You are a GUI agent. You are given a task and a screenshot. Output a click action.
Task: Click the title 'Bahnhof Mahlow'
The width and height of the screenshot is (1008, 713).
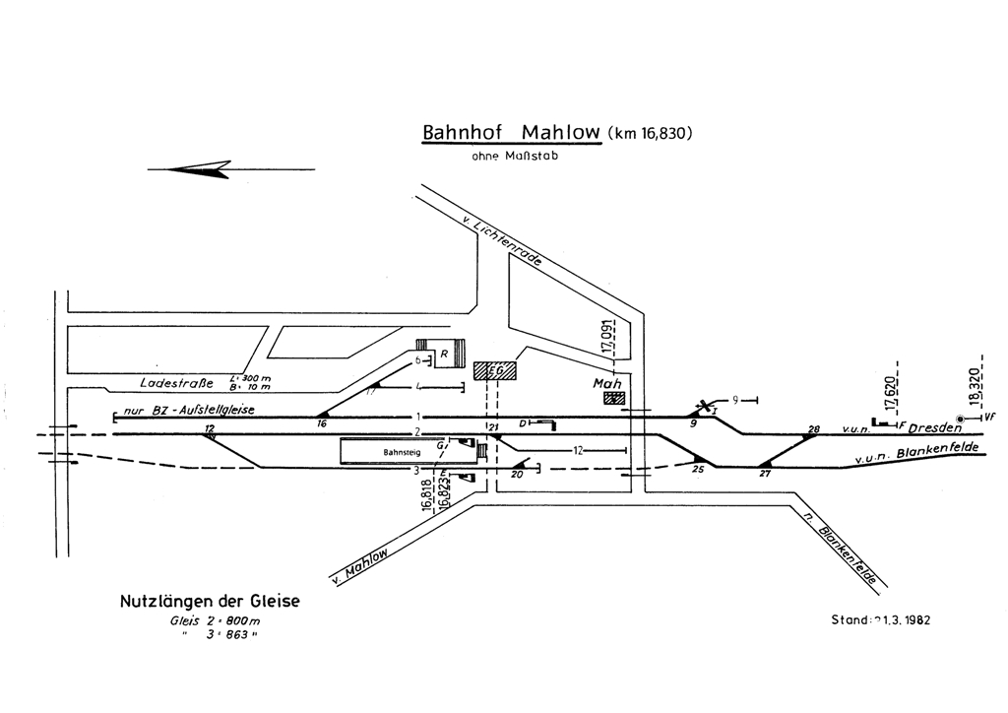(511, 133)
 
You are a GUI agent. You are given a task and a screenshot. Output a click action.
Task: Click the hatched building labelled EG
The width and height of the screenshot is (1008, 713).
(494, 370)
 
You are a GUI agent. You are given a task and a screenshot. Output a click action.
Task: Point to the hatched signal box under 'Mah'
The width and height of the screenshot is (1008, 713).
(615, 398)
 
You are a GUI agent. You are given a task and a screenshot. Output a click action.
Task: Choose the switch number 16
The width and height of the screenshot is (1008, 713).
(321, 423)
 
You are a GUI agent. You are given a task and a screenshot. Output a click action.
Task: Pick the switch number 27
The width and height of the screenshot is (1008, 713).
(765, 473)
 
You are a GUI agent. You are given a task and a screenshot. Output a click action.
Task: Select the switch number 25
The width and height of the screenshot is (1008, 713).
(699, 469)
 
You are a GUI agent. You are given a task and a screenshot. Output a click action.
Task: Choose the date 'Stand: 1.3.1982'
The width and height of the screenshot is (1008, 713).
(882, 621)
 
